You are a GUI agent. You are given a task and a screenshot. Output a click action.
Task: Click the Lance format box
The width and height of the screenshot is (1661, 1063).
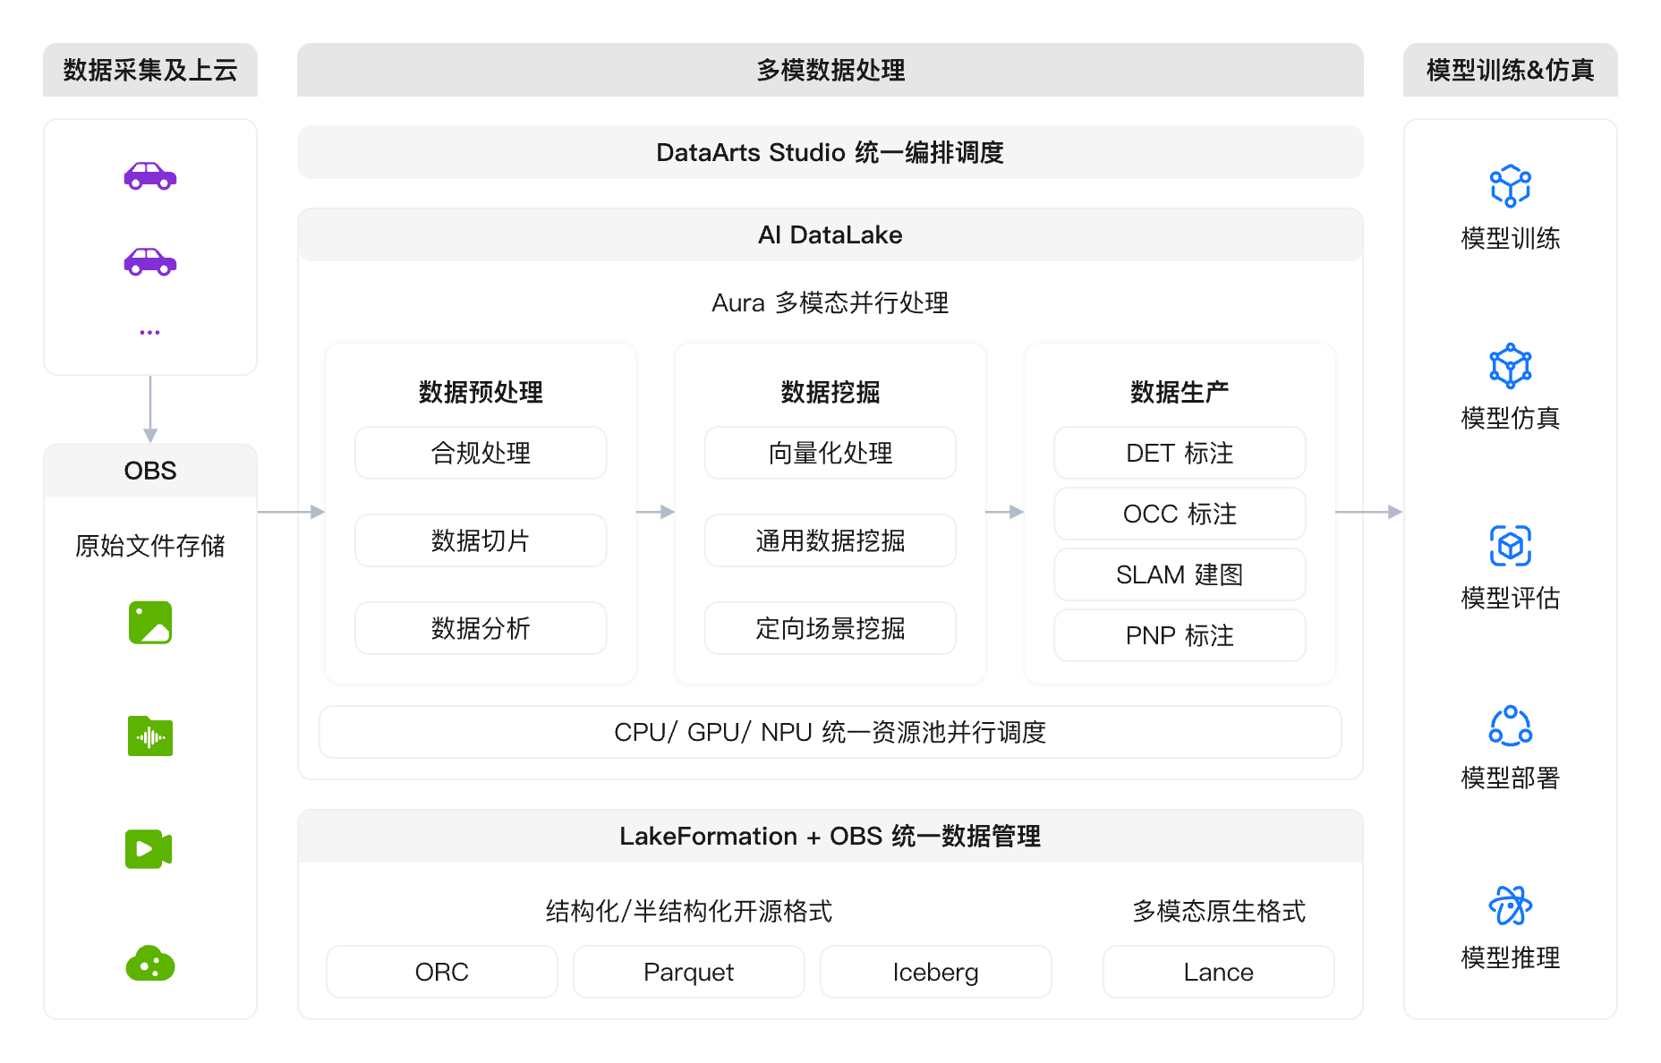coord(1218,972)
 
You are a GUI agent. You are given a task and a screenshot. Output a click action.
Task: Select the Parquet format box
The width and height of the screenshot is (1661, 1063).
coord(688,972)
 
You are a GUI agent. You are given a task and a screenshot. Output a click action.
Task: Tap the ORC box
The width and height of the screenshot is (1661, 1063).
coord(442,972)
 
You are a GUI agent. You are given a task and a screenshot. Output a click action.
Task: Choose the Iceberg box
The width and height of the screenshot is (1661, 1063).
coord(935,972)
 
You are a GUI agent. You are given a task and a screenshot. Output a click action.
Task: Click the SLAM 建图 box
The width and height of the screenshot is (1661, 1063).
coord(1180,574)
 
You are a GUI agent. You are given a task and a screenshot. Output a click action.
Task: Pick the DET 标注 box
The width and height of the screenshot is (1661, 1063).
coord(1180,453)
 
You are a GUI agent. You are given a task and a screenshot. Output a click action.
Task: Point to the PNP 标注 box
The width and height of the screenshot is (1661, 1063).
coord(1180,635)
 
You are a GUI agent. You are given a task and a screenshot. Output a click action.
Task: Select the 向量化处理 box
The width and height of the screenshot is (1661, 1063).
coord(830,453)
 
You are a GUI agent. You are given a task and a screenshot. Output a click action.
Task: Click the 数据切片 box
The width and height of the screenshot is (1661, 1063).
coord(481,540)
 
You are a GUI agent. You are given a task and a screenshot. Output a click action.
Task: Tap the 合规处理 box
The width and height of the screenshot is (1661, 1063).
coord(481,453)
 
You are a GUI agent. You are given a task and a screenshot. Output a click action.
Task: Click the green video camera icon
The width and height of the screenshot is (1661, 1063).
coord(149,849)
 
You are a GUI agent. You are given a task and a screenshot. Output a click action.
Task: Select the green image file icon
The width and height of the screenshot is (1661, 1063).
coord(150,623)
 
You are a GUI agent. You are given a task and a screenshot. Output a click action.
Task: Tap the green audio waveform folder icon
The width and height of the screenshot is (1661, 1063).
coord(150,736)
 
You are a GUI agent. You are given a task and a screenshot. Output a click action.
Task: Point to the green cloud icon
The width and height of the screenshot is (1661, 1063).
coord(150,964)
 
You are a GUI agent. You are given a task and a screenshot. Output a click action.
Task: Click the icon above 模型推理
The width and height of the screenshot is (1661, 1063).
coord(1511,906)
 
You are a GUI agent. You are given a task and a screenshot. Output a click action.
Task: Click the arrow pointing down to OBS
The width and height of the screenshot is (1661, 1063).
coord(150,409)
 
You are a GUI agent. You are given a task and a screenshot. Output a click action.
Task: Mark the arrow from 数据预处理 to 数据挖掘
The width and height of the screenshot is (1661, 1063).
coord(655,512)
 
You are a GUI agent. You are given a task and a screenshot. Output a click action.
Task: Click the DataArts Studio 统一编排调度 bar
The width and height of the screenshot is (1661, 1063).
coord(830,152)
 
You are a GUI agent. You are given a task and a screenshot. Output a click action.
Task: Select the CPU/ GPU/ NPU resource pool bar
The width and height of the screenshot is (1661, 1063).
coord(830,732)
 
